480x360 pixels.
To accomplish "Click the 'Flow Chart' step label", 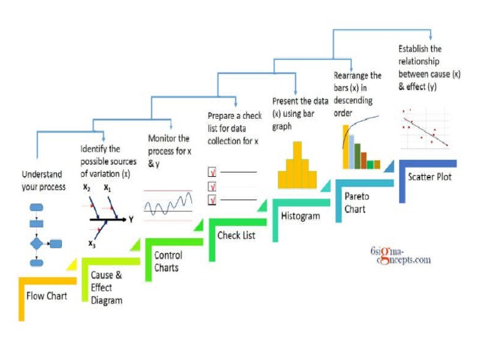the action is point(46,296).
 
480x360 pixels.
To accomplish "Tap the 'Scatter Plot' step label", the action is point(429,177).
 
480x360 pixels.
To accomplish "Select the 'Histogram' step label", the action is point(300,216).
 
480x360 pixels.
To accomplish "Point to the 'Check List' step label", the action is point(236,235).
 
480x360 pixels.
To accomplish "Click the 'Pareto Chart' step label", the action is point(357,202).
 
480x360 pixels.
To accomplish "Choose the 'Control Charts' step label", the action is point(168,261).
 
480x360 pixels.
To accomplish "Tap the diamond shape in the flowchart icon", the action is point(36,244).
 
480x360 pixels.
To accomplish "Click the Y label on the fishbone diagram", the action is point(131,219).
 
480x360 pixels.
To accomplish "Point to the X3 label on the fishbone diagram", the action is point(92,244).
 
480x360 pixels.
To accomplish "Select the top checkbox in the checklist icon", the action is point(212,172).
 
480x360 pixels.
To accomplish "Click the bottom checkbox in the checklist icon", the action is point(212,199).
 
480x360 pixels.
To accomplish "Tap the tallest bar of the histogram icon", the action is point(297,165).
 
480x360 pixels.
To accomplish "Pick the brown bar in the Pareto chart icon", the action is point(364,161).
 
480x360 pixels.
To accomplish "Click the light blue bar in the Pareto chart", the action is point(352,152).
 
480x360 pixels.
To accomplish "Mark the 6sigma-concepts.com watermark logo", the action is point(401,256).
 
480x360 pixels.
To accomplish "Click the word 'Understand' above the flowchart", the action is point(42,174).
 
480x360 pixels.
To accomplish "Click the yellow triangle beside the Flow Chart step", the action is point(73,266).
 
